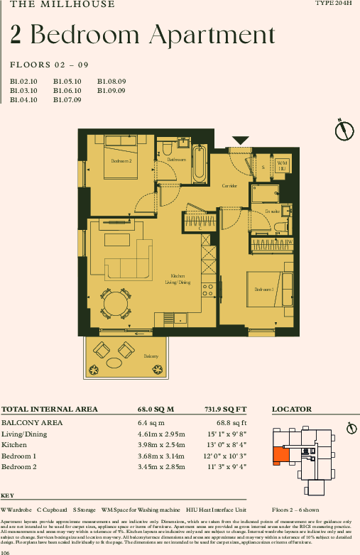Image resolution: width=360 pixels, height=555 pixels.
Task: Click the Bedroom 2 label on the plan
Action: click(121, 161)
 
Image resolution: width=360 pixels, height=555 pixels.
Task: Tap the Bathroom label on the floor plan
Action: click(176, 160)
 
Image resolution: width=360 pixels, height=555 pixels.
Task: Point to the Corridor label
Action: click(229, 186)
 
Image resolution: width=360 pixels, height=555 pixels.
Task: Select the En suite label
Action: click(271, 211)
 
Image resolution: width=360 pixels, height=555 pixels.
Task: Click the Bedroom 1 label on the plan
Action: click(264, 289)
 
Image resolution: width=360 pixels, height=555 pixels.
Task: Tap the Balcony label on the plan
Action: click(151, 356)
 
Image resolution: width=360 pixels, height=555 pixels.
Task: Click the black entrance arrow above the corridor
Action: click(241, 141)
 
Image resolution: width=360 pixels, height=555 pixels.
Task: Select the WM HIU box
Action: click(282, 166)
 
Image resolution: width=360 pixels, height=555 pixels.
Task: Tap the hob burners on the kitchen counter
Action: click(209, 289)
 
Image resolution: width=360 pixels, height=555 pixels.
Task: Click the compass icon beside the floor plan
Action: click(344, 131)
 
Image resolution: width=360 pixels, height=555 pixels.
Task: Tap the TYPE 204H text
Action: click(334, 4)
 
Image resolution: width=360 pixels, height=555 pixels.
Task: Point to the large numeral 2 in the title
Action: click(16, 34)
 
